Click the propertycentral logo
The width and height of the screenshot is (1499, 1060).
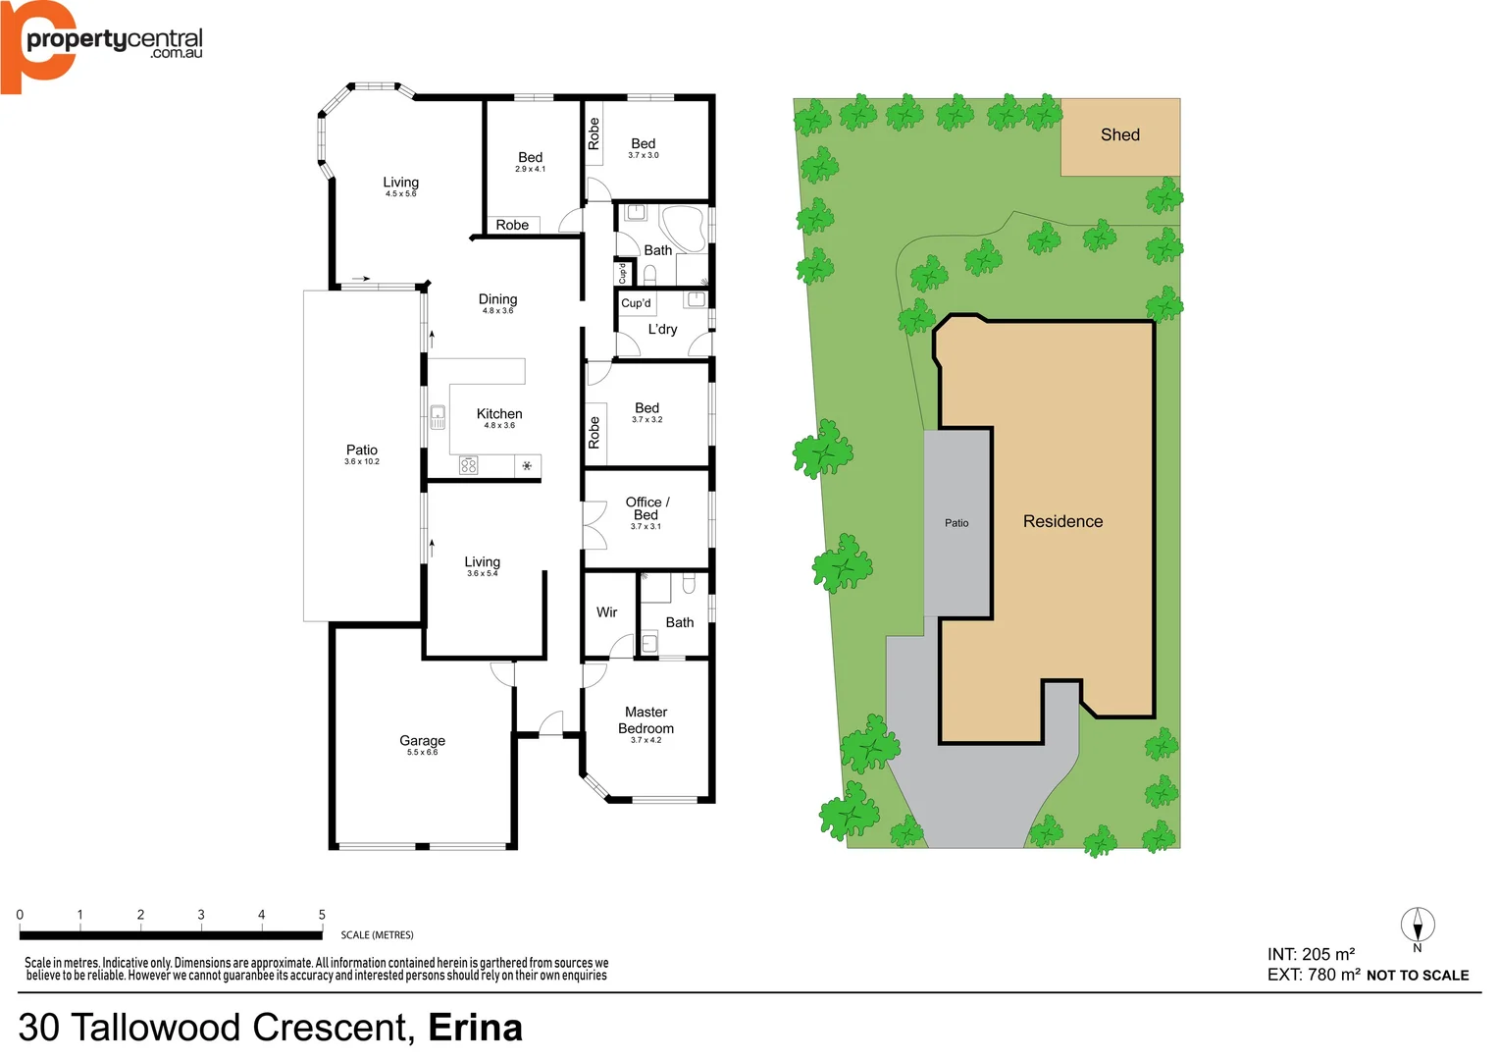pyautogui.click(x=102, y=44)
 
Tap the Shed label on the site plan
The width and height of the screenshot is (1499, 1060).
pyautogui.click(x=1119, y=135)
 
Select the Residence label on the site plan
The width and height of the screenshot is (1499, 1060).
pyautogui.click(x=1062, y=521)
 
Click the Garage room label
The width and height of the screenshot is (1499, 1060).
pyautogui.click(x=422, y=741)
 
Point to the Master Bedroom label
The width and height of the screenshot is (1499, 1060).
pyautogui.click(x=646, y=720)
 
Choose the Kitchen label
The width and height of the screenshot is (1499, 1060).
pyautogui.click(x=499, y=414)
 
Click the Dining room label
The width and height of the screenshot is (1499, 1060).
pyautogui.click(x=497, y=299)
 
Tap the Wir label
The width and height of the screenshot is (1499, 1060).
pyautogui.click(x=606, y=612)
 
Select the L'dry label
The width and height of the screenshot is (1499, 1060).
pyautogui.click(x=662, y=330)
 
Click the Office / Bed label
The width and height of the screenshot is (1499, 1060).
pyautogui.click(x=646, y=508)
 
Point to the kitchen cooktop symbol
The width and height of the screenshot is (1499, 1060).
pyautogui.click(x=469, y=465)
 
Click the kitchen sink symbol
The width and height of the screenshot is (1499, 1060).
pyautogui.click(x=438, y=417)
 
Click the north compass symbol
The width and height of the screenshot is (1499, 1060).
pyautogui.click(x=1417, y=925)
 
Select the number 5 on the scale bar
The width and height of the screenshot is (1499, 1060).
pyautogui.click(x=322, y=915)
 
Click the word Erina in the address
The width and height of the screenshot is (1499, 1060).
pyautogui.click(x=475, y=1028)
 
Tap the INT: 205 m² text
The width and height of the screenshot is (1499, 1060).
pyautogui.click(x=1311, y=954)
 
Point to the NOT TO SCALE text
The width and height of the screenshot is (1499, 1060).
pyautogui.click(x=1417, y=976)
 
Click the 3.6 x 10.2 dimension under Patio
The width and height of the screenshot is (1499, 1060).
pyautogui.click(x=361, y=461)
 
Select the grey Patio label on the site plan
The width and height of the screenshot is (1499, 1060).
pyautogui.click(x=956, y=523)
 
